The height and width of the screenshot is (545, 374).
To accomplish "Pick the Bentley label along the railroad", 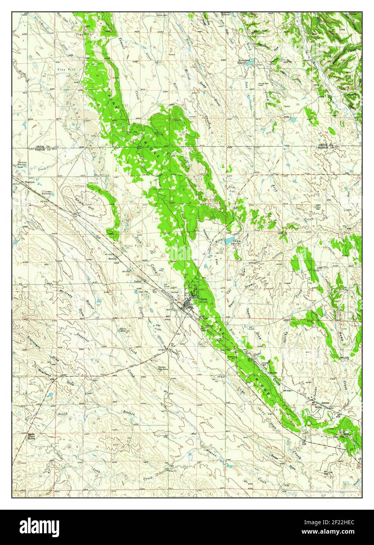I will [113, 260].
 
